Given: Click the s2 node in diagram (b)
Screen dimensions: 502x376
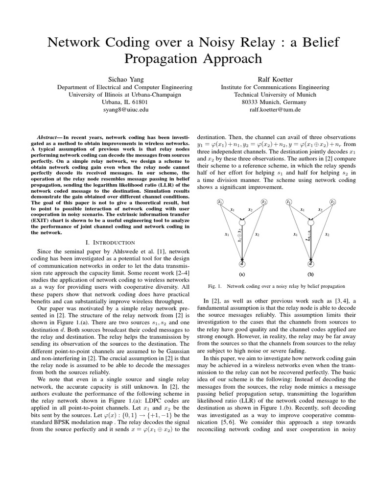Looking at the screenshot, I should pos(333,201).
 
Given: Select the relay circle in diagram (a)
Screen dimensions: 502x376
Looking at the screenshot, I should pos(242,223).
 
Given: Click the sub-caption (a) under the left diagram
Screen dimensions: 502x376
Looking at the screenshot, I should pos(242,275).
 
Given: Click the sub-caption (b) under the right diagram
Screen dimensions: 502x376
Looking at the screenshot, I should pos(310,275).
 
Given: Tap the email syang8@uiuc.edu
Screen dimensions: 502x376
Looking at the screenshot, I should pos(125,110).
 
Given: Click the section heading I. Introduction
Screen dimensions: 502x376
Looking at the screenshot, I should pos(110,243).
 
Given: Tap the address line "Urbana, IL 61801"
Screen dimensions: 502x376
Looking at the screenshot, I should pos(125,102).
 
